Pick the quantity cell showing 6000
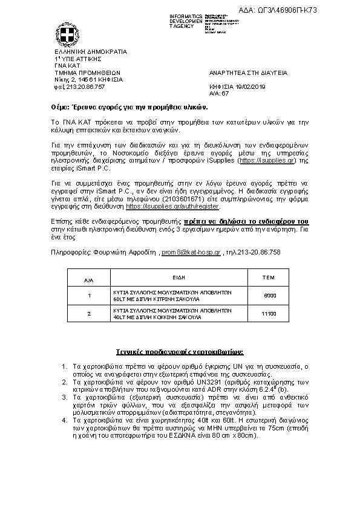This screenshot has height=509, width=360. [x=270, y=295]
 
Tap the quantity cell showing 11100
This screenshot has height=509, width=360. [x=269, y=314]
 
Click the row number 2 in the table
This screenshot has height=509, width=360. [x=89, y=314]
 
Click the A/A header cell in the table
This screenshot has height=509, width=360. [x=89, y=280]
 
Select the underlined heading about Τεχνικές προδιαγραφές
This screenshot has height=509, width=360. [x=180, y=351]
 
